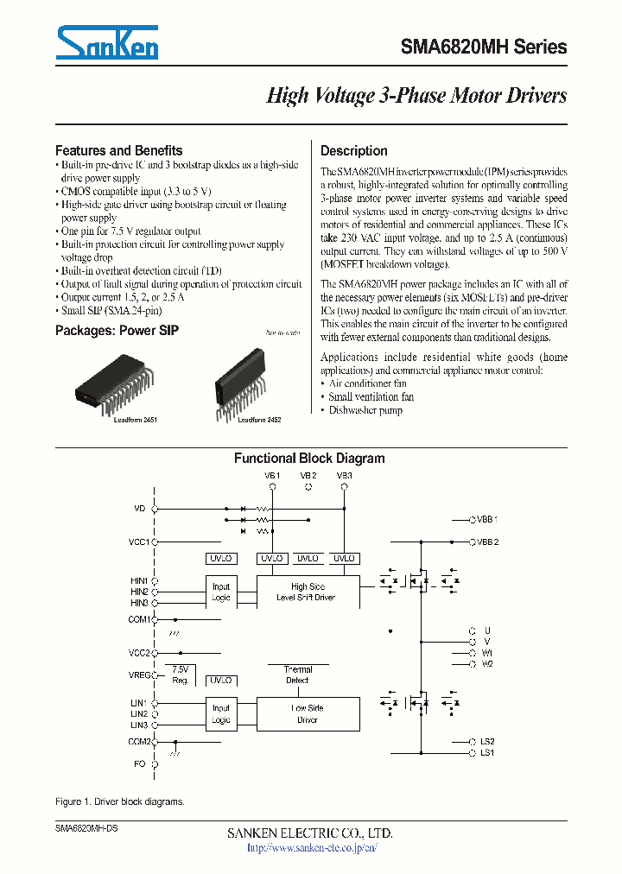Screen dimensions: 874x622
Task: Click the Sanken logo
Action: (107, 42)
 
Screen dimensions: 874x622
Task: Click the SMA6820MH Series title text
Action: (484, 47)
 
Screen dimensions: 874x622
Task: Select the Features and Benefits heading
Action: (118, 150)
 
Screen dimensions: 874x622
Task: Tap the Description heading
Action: (354, 150)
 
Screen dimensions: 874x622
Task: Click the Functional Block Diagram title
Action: (309, 459)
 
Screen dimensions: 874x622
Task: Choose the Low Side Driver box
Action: (308, 713)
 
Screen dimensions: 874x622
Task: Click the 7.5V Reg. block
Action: (180, 675)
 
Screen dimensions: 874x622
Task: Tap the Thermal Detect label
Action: (297, 674)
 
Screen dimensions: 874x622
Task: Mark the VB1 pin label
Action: (272, 476)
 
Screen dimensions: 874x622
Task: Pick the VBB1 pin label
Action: (489, 520)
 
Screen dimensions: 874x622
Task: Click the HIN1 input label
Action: (139, 581)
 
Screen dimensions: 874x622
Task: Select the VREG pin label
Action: (139, 674)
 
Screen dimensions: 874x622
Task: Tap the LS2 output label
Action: (487, 742)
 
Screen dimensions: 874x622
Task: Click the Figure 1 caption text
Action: (120, 801)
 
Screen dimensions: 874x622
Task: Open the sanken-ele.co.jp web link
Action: (312, 848)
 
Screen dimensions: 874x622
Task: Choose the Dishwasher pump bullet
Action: (365, 410)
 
